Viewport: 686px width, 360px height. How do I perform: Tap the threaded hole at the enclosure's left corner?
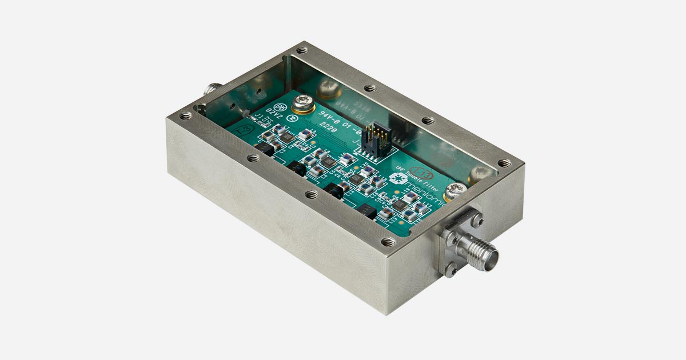[186, 115]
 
